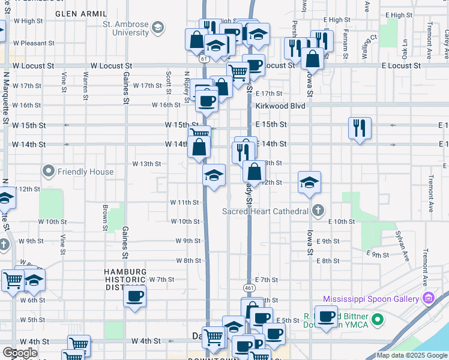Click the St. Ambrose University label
[x=125, y=28]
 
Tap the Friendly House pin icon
[x=49, y=172]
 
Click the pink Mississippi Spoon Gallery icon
[x=429, y=298]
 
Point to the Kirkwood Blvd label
[x=280, y=106]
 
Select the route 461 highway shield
[x=249, y=288]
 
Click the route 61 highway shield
[x=205, y=59]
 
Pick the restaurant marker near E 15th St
[x=360, y=128]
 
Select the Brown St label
[x=105, y=218]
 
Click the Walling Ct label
[x=368, y=46]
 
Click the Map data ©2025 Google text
[x=411, y=356]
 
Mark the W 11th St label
[x=184, y=202]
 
